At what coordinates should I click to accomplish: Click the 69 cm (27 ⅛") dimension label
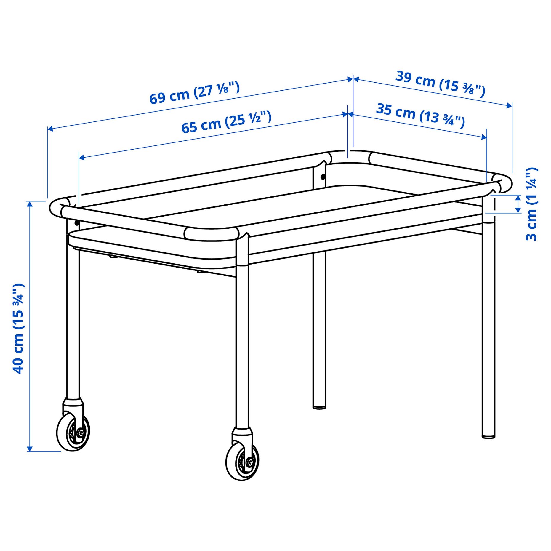pyautogui.click(x=194, y=93)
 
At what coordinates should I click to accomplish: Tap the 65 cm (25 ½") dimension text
pyautogui.click(x=226, y=122)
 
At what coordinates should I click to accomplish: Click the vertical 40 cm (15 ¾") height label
pyautogui.click(x=18, y=329)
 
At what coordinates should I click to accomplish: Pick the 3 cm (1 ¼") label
pyautogui.click(x=531, y=204)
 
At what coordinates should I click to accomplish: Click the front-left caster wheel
pyautogui.click(x=73, y=433)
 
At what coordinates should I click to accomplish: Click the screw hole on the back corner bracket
pyautogui.click(x=323, y=177)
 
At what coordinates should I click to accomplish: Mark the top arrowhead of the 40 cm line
pyautogui.click(x=30, y=204)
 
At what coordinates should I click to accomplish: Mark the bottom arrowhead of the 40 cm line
pyautogui.click(x=30, y=449)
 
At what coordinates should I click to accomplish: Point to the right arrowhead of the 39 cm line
pyautogui.click(x=509, y=105)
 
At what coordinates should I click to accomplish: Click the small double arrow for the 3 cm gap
pyautogui.click(x=518, y=204)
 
